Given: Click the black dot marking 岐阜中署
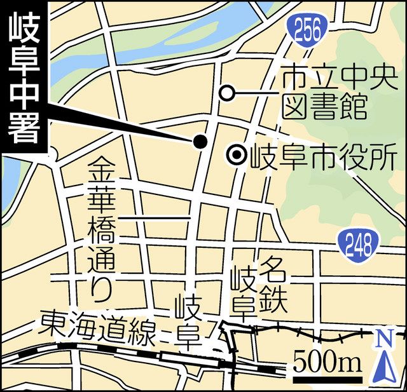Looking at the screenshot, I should pos(200,142).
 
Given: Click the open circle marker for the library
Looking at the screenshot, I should pos(226,93).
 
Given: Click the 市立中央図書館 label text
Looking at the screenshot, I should pos(324,94).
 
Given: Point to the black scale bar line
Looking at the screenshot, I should pos(327,379).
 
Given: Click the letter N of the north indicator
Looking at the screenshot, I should pos(383,340).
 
